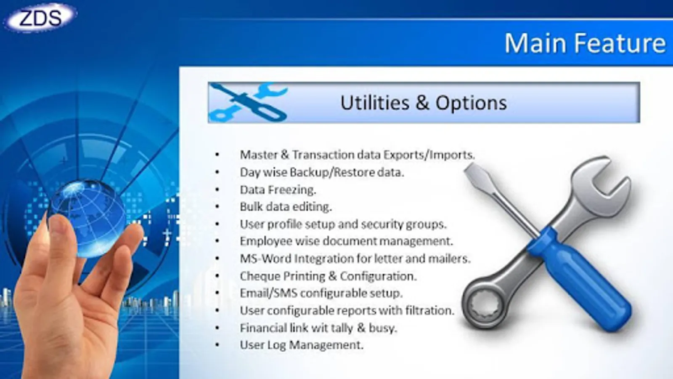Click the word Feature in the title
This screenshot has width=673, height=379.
(x=620, y=43)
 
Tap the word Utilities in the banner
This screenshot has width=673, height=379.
(x=375, y=102)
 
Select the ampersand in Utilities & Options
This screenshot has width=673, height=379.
(x=422, y=103)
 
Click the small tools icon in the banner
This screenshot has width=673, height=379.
(x=248, y=102)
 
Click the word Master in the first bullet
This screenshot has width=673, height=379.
(x=258, y=155)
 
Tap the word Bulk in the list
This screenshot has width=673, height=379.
(x=249, y=207)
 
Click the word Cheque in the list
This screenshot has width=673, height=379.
(x=260, y=276)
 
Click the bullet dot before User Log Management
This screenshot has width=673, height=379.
(x=217, y=345)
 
